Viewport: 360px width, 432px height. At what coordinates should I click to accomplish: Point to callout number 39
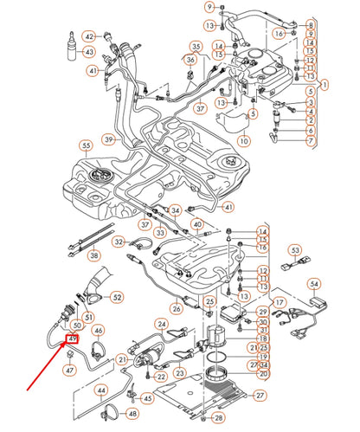[109, 139]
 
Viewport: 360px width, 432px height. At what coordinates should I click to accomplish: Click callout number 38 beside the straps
[94, 255]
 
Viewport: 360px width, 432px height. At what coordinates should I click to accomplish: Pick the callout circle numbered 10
[243, 140]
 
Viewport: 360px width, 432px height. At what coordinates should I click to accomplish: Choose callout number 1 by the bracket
[325, 85]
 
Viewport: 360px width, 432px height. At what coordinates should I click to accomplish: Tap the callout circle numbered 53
[294, 251]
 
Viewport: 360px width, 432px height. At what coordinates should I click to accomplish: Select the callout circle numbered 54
[314, 283]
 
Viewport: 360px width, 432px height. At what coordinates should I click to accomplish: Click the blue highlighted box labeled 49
[73, 339]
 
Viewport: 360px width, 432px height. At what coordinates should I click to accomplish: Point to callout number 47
[69, 369]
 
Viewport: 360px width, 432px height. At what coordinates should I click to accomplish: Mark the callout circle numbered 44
[101, 390]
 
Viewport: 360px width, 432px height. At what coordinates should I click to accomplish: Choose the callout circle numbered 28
[219, 418]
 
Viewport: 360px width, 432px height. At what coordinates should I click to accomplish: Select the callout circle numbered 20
[263, 375]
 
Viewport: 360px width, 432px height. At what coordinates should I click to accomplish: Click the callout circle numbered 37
[200, 109]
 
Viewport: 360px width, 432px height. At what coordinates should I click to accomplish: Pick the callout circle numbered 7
[311, 140]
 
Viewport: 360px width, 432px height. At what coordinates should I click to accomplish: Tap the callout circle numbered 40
[196, 224]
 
